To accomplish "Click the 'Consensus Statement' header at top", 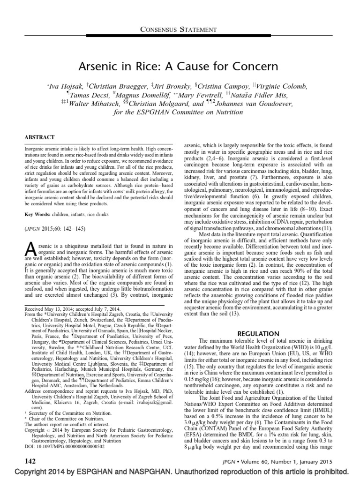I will (180, 29).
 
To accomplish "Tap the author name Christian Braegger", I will (114, 87).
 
